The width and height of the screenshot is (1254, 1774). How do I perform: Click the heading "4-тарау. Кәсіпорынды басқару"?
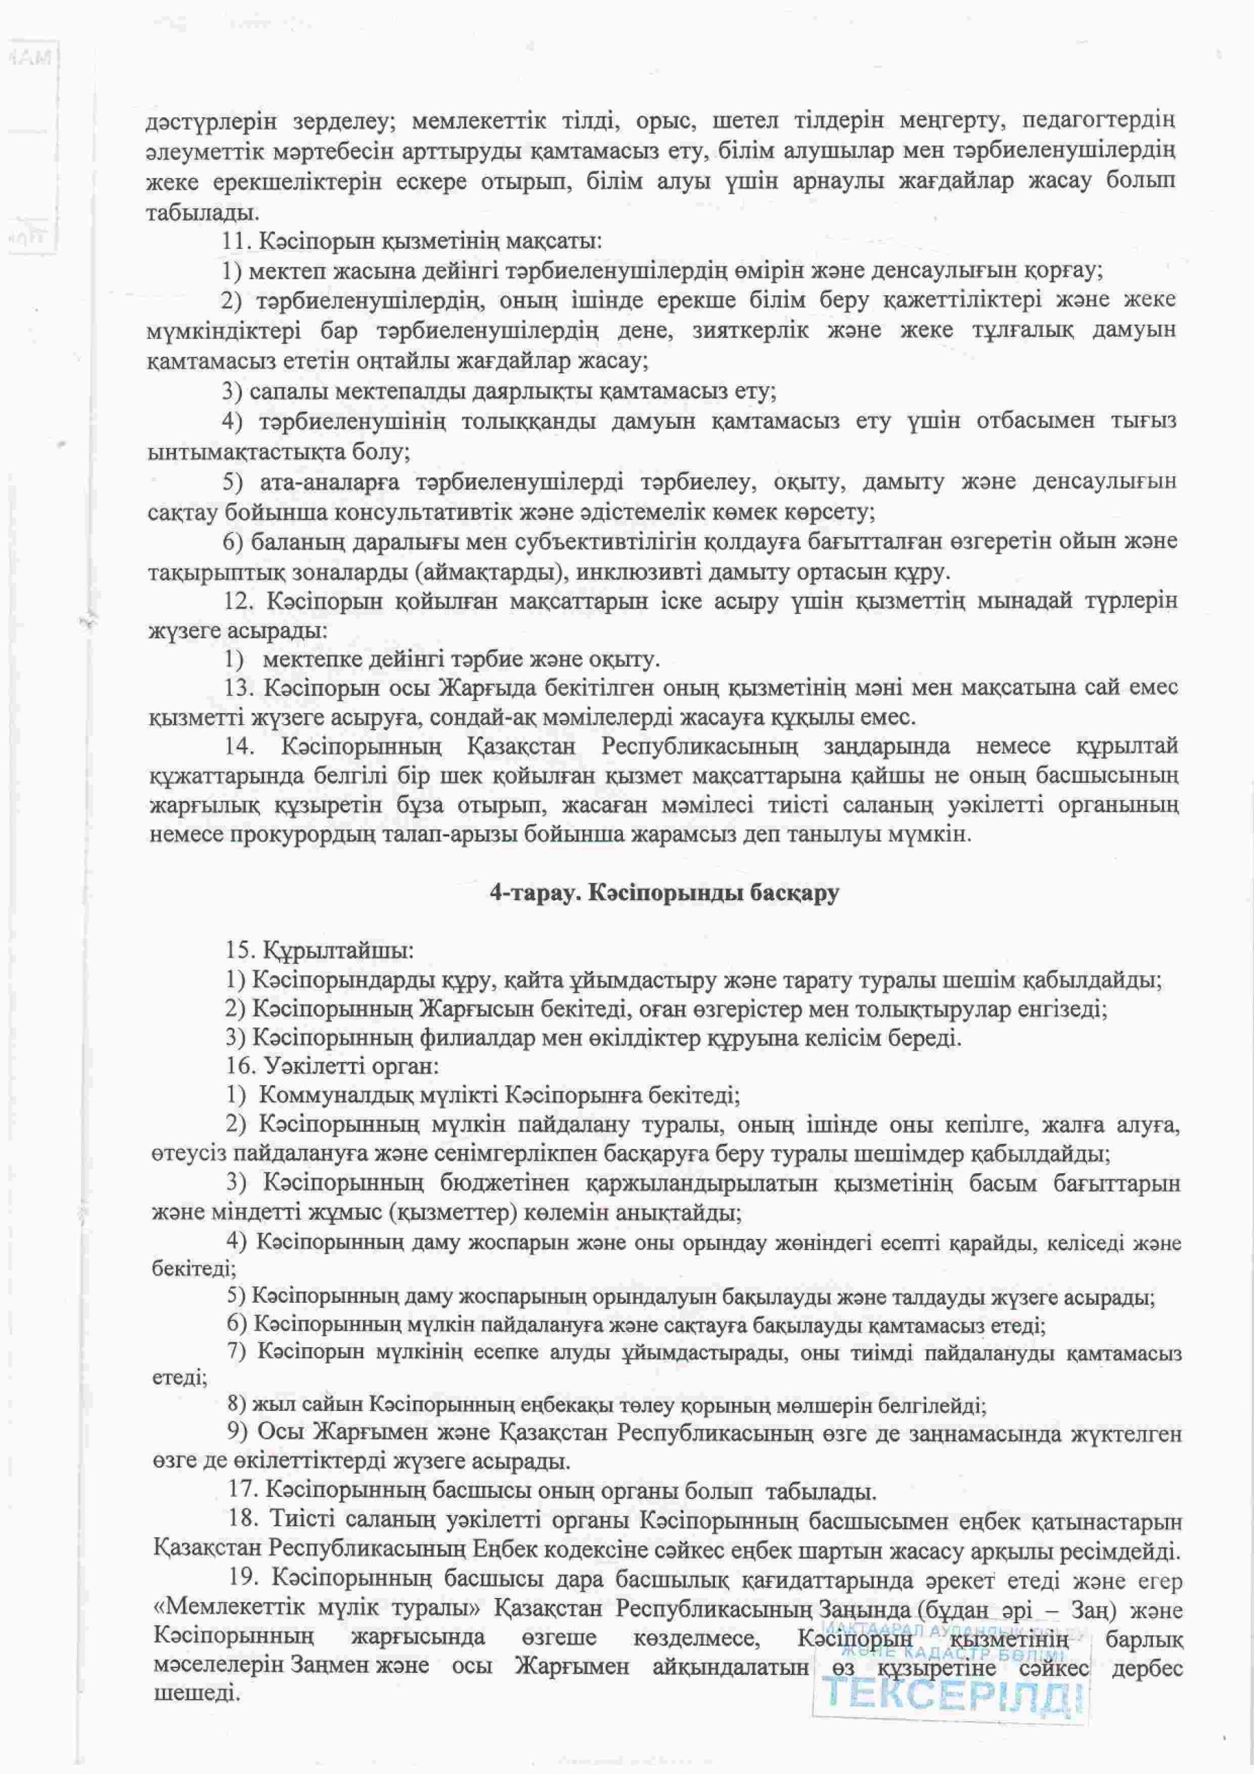[x=664, y=893]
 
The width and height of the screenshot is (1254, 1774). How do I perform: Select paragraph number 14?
[x=240, y=746]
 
